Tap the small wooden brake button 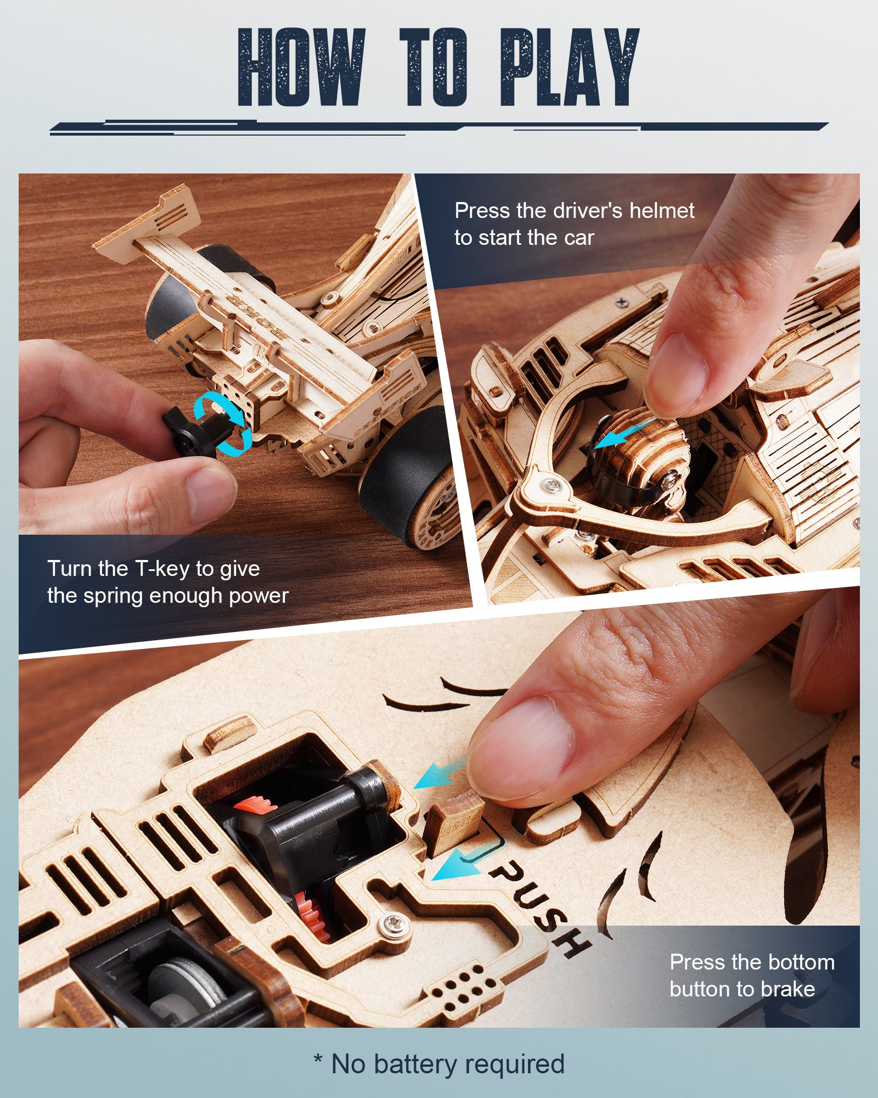pyautogui.click(x=453, y=824)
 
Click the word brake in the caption pyautogui.click(x=788, y=989)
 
